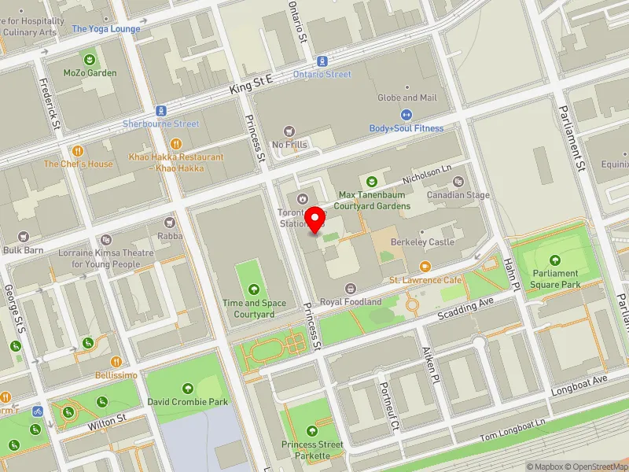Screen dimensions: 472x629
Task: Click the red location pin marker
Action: point(315,219)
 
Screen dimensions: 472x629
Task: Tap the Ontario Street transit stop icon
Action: point(322,61)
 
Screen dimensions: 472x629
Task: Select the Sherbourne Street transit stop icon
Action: point(160,111)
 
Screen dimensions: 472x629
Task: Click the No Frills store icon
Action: point(289,131)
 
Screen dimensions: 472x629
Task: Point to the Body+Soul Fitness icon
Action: point(406,115)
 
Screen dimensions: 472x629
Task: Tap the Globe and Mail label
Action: point(407,98)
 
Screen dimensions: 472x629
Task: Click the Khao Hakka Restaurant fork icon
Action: point(176,144)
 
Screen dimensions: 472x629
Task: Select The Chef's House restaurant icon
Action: point(78,150)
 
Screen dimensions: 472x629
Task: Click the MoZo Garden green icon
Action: point(90,60)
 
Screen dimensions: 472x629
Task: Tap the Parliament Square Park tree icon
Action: point(555,260)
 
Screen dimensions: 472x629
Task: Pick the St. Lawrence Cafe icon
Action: point(425,267)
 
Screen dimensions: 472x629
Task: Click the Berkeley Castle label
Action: point(425,242)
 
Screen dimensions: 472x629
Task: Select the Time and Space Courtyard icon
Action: point(253,289)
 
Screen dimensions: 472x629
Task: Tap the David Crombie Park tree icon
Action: point(188,388)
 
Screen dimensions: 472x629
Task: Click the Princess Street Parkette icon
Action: point(313,431)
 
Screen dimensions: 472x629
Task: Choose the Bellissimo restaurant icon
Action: point(116,362)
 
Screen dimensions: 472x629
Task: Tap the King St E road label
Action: point(251,86)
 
